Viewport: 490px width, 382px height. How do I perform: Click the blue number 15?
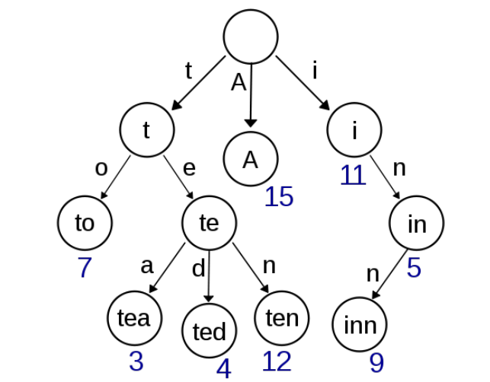(279, 196)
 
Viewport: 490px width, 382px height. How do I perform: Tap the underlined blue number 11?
(353, 175)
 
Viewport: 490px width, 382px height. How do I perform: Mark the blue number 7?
(85, 267)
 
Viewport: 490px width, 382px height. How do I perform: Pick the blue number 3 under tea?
(136, 361)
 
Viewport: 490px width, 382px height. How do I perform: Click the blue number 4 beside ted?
(224, 369)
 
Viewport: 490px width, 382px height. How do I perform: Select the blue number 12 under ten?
(277, 361)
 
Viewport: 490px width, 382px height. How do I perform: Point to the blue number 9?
(376, 363)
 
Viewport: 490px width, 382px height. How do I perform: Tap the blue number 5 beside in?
(414, 267)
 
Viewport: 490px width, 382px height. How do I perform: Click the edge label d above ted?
(198, 268)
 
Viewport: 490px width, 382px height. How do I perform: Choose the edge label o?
(101, 168)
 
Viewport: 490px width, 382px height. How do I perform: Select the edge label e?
(189, 168)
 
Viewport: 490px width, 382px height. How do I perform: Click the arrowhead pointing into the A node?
(250, 123)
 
